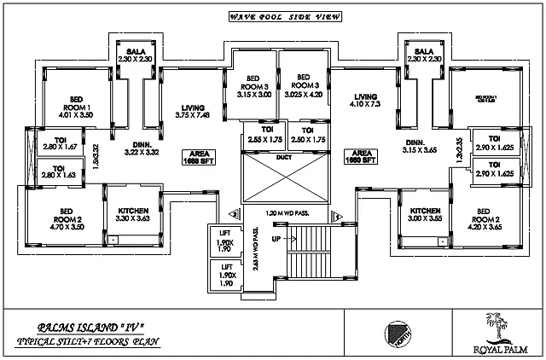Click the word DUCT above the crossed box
[283, 157]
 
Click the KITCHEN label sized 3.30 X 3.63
[133, 215]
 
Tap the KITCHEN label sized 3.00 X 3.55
[426, 214]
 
